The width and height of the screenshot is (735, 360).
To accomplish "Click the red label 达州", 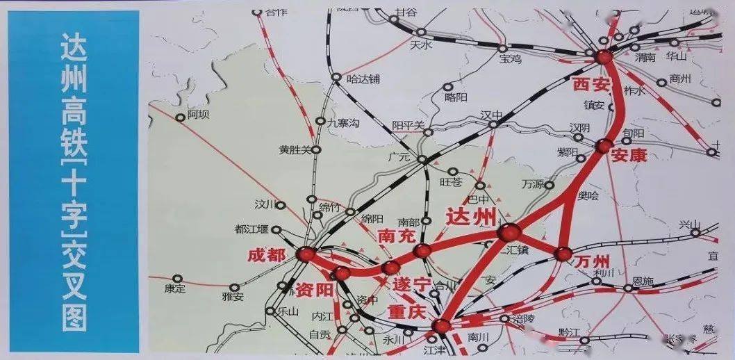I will [x=473, y=215].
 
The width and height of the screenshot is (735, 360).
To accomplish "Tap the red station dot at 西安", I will [x=602, y=58].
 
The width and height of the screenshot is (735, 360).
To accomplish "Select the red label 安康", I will [x=629, y=156].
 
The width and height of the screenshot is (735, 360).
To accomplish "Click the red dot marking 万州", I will [x=563, y=254].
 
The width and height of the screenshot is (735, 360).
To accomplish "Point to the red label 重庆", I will [x=406, y=312].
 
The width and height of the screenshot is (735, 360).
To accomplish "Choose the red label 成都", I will [x=267, y=255].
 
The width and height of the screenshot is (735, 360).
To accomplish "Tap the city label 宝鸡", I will [x=510, y=60].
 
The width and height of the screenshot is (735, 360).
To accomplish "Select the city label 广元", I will [x=399, y=157].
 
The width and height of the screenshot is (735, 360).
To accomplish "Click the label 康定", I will [x=175, y=288].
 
